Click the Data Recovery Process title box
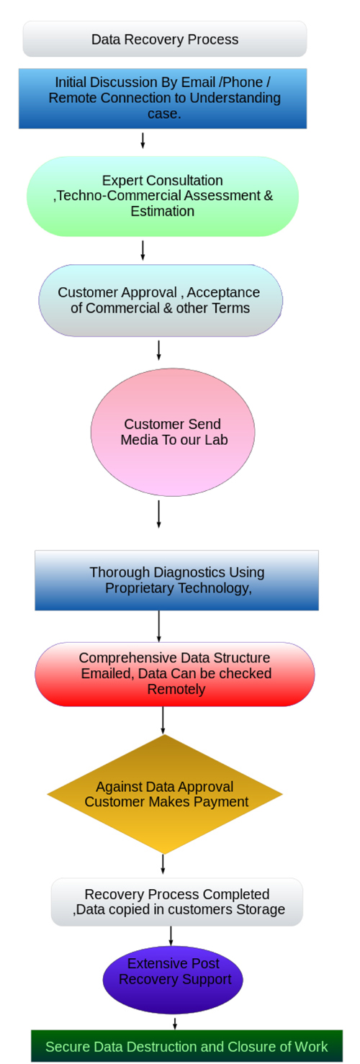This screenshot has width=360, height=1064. click(x=164, y=39)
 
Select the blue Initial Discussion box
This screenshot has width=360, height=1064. click(x=163, y=99)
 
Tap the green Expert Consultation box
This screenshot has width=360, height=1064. click(x=163, y=197)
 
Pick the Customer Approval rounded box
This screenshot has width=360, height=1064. click(x=160, y=300)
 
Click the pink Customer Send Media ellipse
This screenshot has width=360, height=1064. click(x=173, y=432)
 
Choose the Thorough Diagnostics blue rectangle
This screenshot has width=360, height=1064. click(x=176, y=580)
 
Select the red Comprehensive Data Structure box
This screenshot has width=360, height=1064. click(x=175, y=674)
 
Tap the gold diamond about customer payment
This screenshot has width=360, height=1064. click(x=165, y=794)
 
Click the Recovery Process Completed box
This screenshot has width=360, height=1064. click(x=176, y=901)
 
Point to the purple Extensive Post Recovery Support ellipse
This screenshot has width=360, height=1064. click(x=173, y=980)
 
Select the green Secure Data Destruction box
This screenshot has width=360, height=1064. click(x=186, y=1046)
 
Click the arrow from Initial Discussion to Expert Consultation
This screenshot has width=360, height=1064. click(x=143, y=140)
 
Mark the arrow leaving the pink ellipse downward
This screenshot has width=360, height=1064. click(x=158, y=513)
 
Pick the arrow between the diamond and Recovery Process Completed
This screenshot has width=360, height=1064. click(x=163, y=864)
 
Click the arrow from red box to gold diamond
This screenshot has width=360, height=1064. click(x=163, y=720)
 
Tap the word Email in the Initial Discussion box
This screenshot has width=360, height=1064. click(x=197, y=82)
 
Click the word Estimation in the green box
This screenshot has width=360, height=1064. click(x=163, y=211)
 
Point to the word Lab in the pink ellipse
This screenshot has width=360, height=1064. click(x=216, y=440)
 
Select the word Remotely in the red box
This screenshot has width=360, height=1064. click(x=176, y=689)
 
